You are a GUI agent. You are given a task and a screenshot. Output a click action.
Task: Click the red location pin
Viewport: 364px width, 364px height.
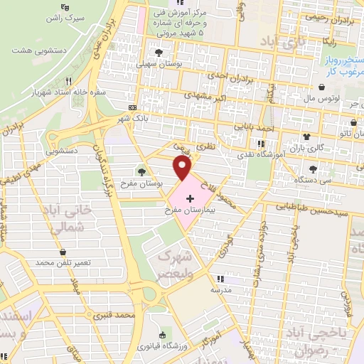183,168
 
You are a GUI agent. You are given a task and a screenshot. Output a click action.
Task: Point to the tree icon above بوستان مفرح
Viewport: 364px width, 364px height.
142,171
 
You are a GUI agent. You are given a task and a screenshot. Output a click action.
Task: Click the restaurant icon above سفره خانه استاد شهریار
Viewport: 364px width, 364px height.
69,81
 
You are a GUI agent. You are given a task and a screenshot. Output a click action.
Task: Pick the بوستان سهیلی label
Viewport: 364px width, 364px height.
159,63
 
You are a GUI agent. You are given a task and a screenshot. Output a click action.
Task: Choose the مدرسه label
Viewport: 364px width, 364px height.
222,290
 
